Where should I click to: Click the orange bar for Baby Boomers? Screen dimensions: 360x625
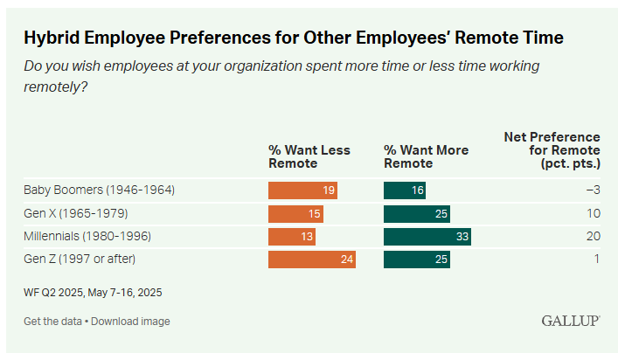[302, 190]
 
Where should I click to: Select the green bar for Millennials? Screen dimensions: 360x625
[427, 237]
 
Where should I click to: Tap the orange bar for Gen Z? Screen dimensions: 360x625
[312, 260]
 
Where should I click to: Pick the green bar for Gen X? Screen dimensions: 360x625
[417, 213]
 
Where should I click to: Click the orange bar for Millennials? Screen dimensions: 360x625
[292, 237]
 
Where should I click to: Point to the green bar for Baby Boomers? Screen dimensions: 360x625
[405, 190]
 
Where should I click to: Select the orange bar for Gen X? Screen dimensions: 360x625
[295, 213]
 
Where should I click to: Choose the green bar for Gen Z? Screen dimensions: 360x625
[417, 260]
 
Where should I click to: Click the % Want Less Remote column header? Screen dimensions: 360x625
[309, 156]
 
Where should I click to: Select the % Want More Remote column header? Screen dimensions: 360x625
[426, 156]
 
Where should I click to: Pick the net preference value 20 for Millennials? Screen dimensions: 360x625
[593, 237]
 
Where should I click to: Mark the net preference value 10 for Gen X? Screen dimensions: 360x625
[593, 213]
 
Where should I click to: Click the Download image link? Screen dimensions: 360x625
[131, 322]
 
